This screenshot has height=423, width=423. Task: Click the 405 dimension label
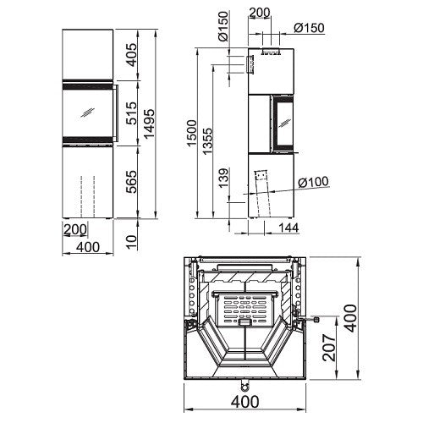[131, 55]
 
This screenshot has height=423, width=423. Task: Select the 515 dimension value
[131, 113]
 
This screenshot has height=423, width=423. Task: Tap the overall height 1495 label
[149, 124]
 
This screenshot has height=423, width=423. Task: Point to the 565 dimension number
[131, 182]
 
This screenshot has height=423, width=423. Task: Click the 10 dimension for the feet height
[131, 242]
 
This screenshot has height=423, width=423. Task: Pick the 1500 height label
[191, 133]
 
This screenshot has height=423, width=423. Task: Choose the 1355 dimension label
[207, 141]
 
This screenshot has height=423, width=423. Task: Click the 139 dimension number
[224, 178]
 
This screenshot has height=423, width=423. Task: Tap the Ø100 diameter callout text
[314, 182]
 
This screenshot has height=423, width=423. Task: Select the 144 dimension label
[288, 228]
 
